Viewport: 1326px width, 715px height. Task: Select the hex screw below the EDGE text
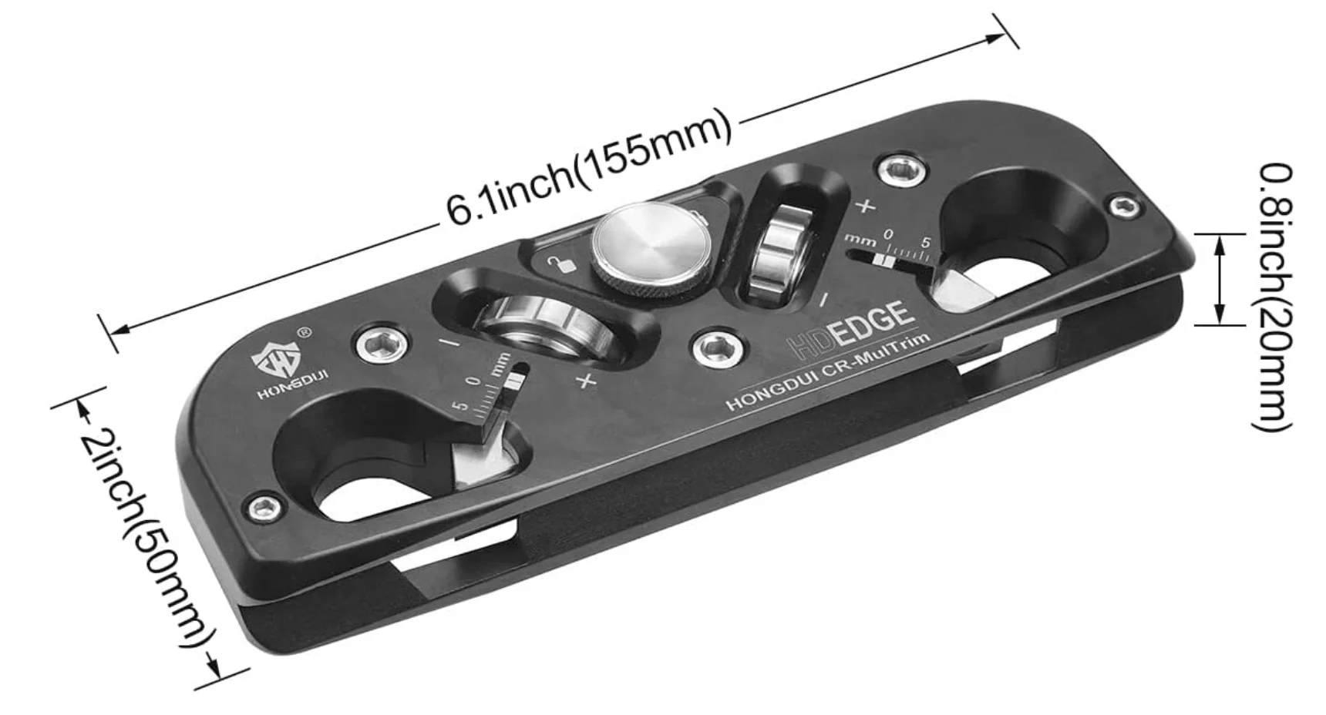[719, 349]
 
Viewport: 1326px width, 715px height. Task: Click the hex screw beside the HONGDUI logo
[382, 342]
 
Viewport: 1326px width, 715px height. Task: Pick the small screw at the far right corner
[1125, 205]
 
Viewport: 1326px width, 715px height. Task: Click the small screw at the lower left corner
[264, 506]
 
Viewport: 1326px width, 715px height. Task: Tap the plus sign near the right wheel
[866, 206]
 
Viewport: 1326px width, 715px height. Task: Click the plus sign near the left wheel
[587, 380]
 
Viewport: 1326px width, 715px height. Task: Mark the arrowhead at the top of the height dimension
[1220, 243]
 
